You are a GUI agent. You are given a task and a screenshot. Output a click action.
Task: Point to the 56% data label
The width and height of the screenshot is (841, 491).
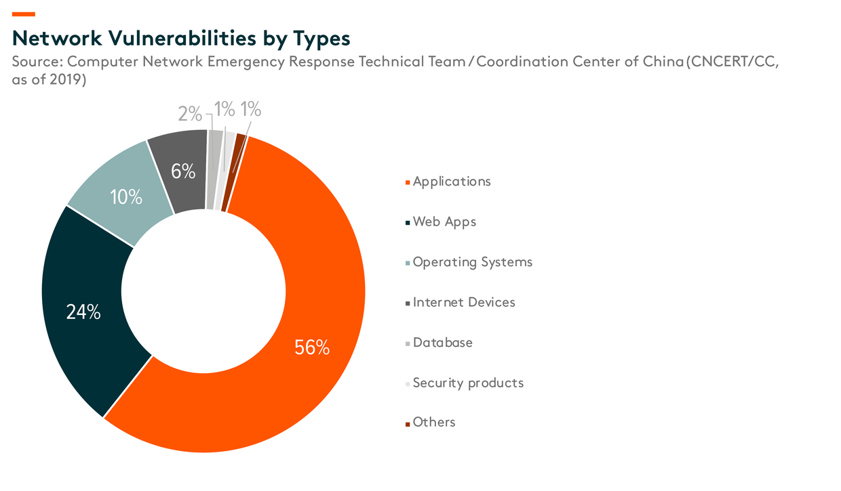point(312,347)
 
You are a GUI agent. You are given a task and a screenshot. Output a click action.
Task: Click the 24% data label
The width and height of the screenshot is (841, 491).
point(83,312)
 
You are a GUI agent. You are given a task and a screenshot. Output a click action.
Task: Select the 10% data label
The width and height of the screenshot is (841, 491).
point(126,197)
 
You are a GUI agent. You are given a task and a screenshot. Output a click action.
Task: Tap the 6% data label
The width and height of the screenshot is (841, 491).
point(183,171)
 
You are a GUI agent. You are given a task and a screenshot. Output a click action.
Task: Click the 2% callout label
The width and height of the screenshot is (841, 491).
point(190,114)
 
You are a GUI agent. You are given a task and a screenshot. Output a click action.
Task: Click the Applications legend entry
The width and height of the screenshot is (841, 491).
point(451,182)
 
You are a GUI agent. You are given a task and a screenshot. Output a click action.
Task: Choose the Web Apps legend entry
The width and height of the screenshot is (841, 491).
point(444,221)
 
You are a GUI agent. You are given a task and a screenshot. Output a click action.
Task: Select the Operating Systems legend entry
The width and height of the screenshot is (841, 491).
point(472,262)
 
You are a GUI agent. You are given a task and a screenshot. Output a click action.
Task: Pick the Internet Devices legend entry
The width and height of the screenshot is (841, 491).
point(464,302)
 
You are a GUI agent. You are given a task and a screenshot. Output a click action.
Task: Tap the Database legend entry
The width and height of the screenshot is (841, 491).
point(442,342)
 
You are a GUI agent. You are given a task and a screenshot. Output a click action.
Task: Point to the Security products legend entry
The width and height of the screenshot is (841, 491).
point(468,383)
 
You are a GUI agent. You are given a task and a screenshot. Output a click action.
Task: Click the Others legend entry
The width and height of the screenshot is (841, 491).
point(434,423)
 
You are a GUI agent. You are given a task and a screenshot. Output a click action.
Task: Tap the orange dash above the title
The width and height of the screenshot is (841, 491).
point(24,14)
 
